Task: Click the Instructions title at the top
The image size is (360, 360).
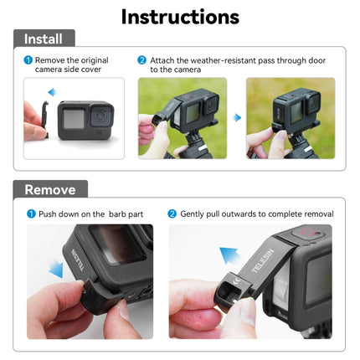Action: [x=179, y=16]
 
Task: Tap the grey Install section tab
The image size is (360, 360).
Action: [x=43, y=39]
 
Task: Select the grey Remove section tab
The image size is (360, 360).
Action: [x=49, y=189]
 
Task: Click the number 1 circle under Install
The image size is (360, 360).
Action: [x=28, y=60]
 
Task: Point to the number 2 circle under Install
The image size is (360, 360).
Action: [x=142, y=60]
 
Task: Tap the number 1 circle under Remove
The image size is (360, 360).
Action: [x=31, y=214]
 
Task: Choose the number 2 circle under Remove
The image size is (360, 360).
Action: [x=172, y=214]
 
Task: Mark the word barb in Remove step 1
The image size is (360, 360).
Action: [x=115, y=214]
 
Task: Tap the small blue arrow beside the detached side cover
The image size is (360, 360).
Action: [x=51, y=92]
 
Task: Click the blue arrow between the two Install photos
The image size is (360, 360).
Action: [x=236, y=118]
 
